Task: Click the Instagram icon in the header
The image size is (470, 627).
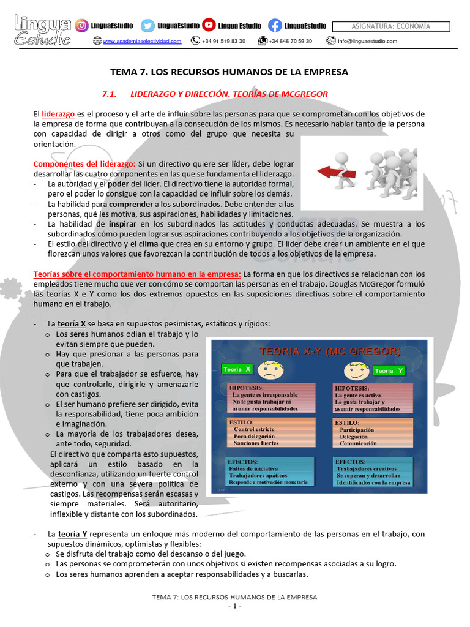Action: point(81,26)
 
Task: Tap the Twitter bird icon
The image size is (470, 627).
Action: point(147,26)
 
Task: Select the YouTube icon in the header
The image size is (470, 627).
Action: point(209,26)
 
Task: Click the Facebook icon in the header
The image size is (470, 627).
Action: point(275,26)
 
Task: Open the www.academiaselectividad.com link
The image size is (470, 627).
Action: point(142,42)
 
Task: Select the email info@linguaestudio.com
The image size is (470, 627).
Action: point(367,42)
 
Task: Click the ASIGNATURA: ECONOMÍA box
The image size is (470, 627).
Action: point(391,26)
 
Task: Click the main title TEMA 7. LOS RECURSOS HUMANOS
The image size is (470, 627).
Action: point(229,72)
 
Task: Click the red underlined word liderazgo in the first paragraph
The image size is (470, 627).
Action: point(58,115)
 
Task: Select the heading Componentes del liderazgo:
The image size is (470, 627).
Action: point(84,164)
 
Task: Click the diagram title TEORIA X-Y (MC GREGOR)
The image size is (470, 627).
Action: point(330,351)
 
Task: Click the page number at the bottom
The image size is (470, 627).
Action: point(235,607)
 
